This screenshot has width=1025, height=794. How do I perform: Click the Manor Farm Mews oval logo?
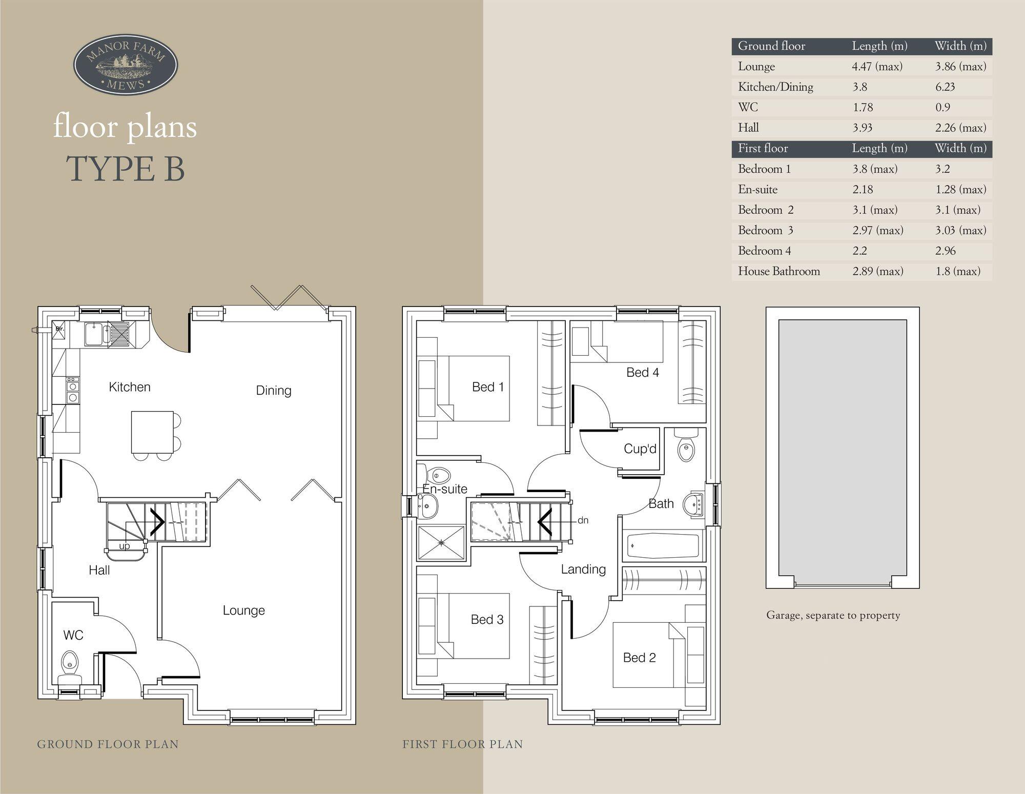(126, 65)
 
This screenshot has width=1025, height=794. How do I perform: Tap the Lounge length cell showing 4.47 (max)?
(877, 67)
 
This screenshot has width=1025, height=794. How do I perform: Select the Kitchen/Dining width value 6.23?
(945, 87)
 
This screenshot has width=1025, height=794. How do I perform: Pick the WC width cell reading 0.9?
(942, 108)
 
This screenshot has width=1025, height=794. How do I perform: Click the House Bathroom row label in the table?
(778, 272)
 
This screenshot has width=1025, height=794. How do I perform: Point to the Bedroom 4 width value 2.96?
(946, 251)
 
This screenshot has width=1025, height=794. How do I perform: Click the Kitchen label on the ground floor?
(130, 387)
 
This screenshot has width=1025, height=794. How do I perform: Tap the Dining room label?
(274, 391)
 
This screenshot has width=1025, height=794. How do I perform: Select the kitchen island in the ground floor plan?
(152, 432)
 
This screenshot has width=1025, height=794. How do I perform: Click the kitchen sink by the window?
(95, 334)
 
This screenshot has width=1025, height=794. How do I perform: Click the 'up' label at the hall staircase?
(125, 546)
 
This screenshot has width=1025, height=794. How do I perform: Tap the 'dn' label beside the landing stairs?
(583, 520)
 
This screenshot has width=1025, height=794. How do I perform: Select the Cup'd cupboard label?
(640, 449)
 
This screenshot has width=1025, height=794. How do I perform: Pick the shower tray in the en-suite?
(441, 542)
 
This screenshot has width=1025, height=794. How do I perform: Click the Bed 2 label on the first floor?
(639, 658)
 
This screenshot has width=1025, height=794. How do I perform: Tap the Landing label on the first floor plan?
(583, 569)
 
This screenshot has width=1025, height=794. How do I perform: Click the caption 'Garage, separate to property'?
(833, 615)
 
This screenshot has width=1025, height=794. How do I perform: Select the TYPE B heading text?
(126, 169)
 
